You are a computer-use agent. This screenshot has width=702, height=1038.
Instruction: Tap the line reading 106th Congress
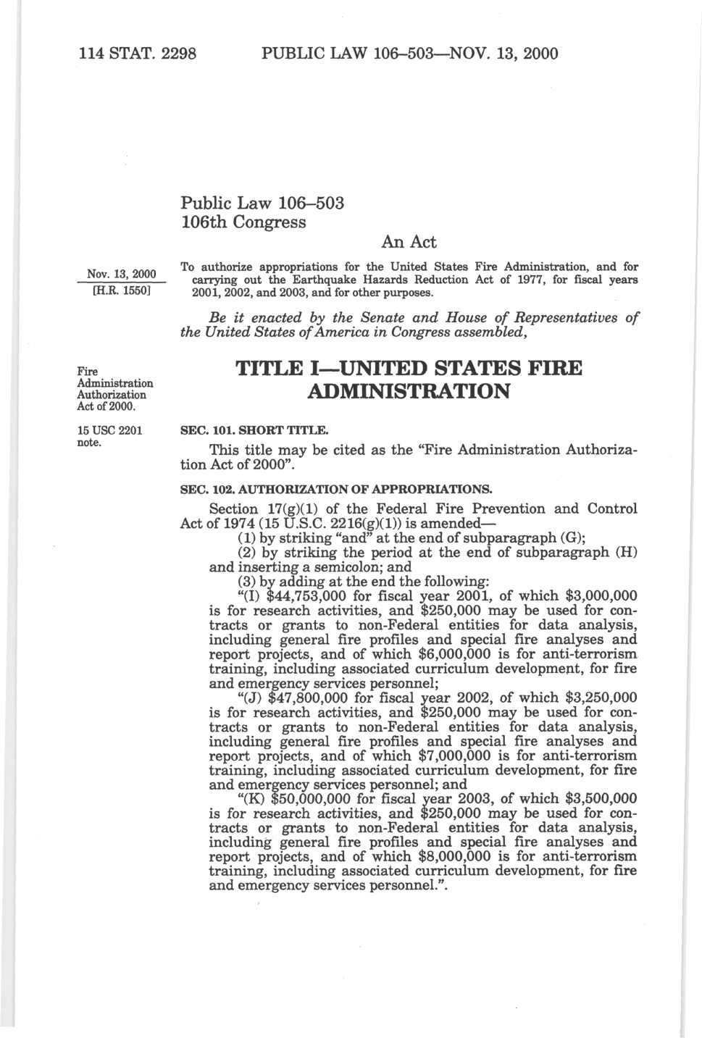(x=243, y=221)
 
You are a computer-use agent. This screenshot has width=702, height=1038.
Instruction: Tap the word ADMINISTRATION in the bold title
(x=409, y=392)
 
